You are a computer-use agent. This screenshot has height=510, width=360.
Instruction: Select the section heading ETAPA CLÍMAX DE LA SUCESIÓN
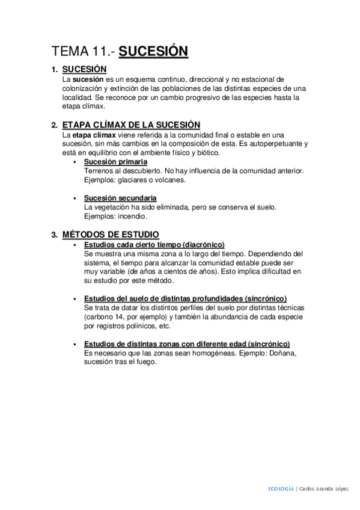pyautogui.click(x=131, y=125)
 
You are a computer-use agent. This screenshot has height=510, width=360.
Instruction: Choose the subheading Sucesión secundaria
pyautogui.click(x=120, y=198)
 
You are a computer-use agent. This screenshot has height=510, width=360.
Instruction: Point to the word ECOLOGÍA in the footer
pyautogui.click(x=281, y=489)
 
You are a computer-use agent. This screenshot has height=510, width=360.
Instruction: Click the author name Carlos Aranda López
pyautogui.click(x=325, y=489)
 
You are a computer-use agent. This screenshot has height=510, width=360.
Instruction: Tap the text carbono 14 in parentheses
pyautogui.click(x=108, y=317)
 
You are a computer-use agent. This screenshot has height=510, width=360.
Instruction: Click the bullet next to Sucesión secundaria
pyautogui.click(x=75, y=198)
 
